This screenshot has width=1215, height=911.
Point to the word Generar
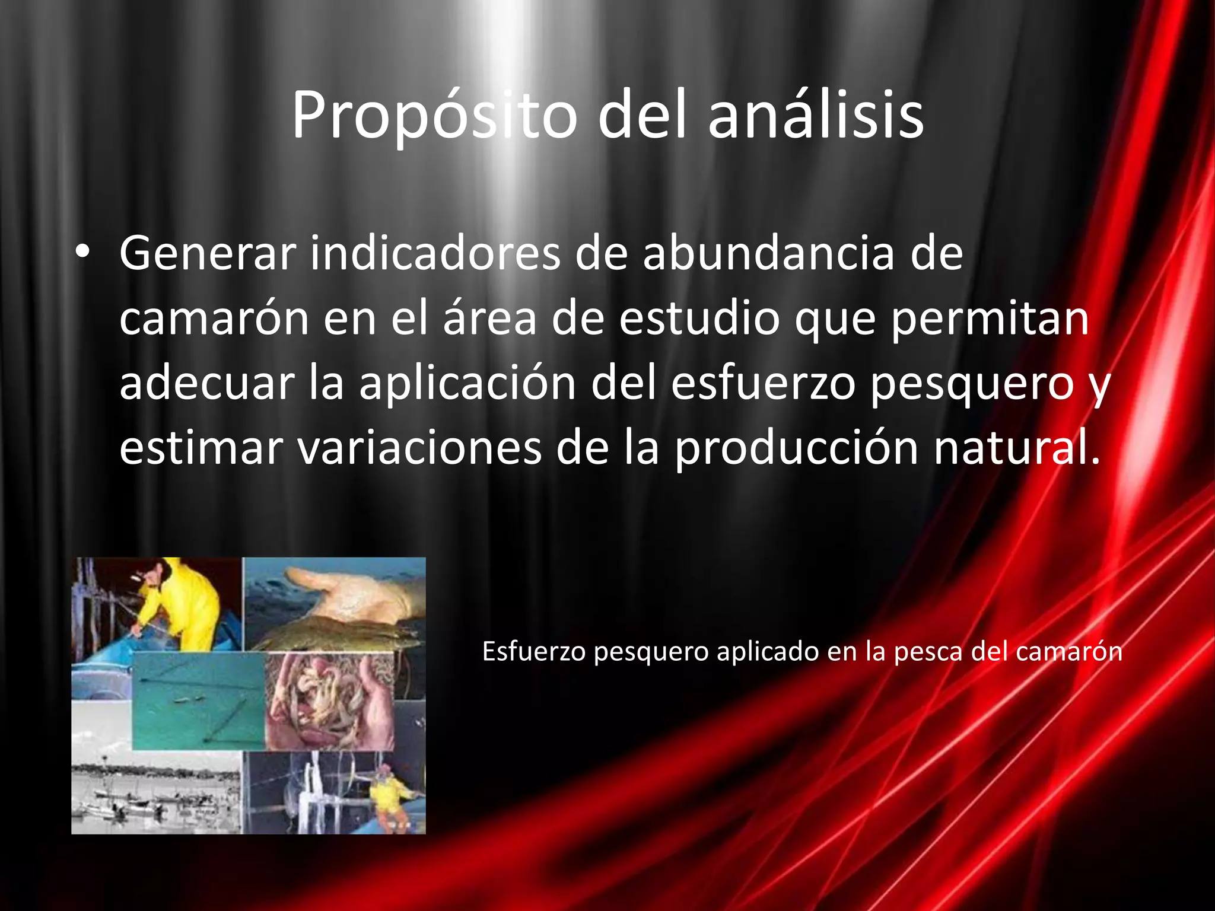point(208,254)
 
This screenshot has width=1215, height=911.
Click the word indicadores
point(435,254)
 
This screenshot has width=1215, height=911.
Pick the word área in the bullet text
point(489,318)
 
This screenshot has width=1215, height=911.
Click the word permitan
point(990,318)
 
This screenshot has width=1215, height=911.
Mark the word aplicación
point(467,383)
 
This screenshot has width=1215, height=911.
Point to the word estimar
point(201,448)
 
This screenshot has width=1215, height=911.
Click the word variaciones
point(419,448)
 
